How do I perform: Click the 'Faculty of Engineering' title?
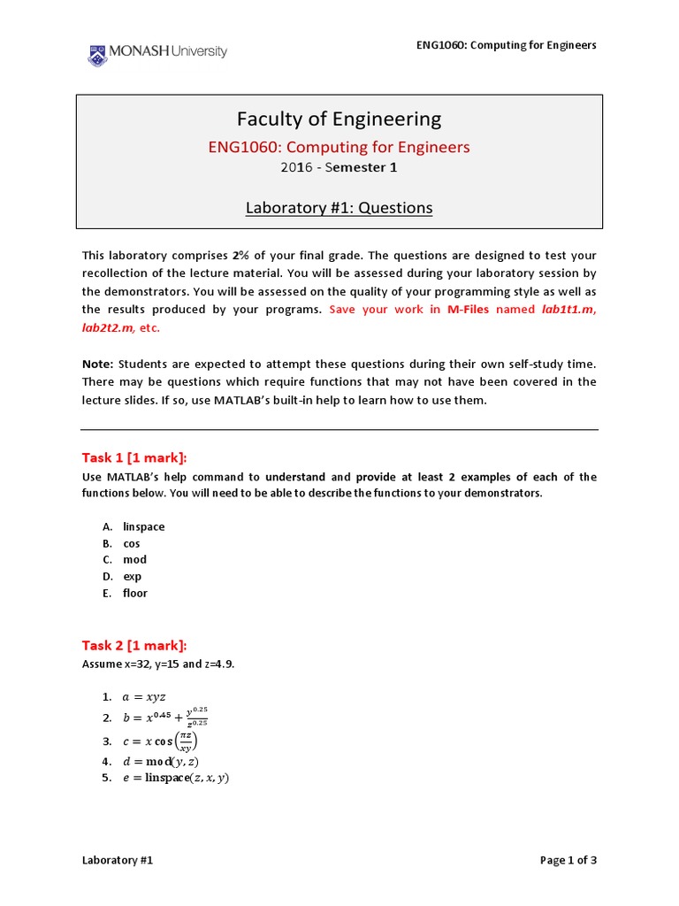point(339,119)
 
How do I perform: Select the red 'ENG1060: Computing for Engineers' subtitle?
point(339,147)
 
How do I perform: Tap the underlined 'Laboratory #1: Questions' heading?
point(339,208)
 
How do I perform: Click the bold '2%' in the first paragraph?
point(240,256)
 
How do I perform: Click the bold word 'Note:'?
point(97,364)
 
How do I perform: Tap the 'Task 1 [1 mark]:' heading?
point(134,457)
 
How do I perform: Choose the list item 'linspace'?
point(144,527)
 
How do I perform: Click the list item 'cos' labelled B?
point(132,544)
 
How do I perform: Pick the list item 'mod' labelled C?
point(134,560)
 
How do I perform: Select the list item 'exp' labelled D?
point(133,577)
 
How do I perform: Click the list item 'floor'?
point(135,594)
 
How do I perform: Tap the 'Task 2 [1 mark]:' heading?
point(134,645)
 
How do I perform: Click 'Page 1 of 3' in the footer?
point(568,860)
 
